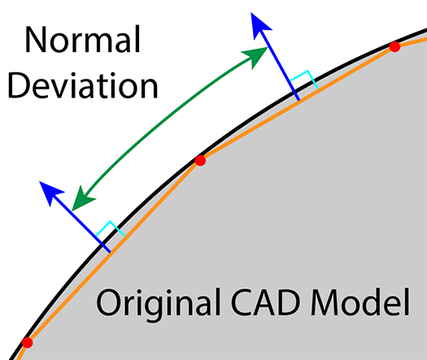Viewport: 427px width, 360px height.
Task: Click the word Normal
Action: (x=82, y=39)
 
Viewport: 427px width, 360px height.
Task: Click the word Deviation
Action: (x=82, y=85)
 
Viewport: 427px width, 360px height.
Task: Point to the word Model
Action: (x=360, y=302)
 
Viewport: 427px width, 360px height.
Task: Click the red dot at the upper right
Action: (x=394, y=46)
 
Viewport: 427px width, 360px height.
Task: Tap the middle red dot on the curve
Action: (x=200, y=160)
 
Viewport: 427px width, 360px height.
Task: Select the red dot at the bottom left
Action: (x=27, y=342)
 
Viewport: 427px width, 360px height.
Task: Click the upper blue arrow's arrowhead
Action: (x=259, y=26)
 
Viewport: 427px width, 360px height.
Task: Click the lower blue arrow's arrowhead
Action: (x=51, y=192)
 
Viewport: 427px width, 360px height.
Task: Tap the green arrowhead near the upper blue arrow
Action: (x=255, y=57)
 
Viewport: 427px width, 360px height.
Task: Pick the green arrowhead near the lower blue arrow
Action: (x=81, y=199)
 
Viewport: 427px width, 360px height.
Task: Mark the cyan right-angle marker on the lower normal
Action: (x=111, y=228)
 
